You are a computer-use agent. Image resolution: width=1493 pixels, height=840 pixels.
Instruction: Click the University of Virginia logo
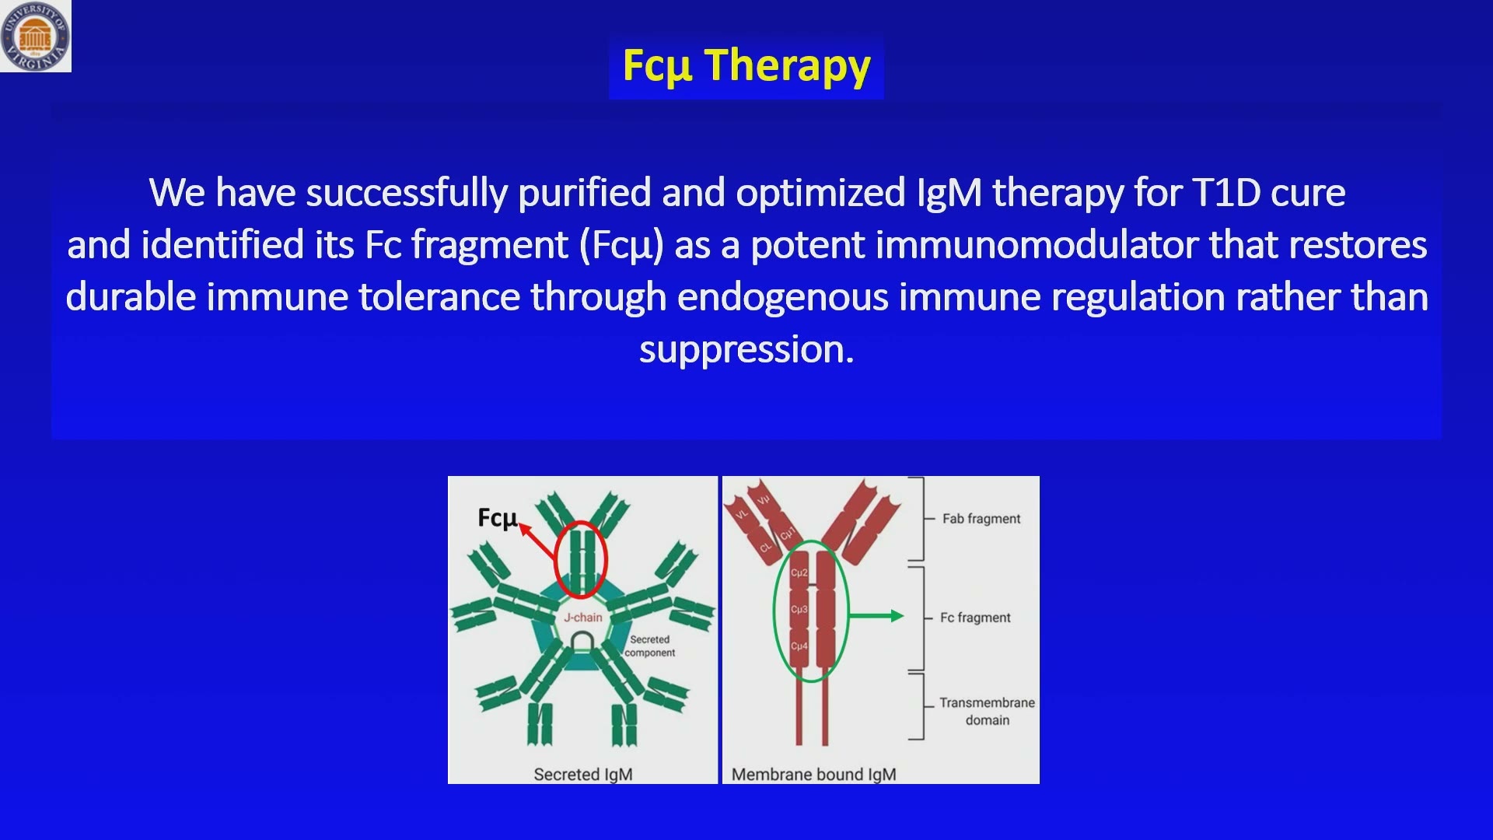coord(36,36)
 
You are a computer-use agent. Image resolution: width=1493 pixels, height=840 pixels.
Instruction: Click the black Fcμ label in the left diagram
coord(497,518)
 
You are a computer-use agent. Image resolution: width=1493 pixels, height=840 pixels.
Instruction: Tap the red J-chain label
coord(583,618)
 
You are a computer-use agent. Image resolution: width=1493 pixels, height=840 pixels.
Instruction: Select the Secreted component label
coord(650,646)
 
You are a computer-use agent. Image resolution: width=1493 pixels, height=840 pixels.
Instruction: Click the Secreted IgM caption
coord(583,775)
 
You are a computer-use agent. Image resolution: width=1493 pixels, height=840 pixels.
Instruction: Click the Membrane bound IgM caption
coord(813,775)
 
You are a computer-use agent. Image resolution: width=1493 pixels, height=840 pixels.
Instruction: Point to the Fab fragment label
coord(981,519)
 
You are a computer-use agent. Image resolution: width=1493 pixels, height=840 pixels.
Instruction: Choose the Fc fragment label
coord(975,618)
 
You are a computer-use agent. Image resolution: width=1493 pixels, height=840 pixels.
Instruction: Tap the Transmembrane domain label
coord(987,712)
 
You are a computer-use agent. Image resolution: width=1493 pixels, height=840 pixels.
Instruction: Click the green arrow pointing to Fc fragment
coord(876,616)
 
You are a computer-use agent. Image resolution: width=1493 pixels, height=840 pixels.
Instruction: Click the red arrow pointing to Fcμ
coord(537,541)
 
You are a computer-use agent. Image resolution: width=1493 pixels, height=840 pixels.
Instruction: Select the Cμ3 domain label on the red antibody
coord(799,609)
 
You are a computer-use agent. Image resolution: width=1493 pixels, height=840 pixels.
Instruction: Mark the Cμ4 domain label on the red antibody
coord(799,646)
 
